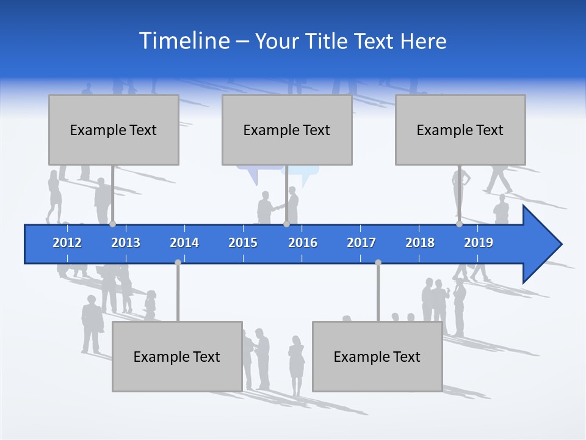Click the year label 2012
67,243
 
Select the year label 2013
126,243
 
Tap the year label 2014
184,243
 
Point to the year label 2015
243,243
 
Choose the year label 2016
303,243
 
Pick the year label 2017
361,243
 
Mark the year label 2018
420,243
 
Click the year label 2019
479,243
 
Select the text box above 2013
114,130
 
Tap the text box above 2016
287,130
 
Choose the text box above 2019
460,130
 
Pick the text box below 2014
177,356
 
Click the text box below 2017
377,356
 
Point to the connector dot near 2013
112,224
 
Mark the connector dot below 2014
178,262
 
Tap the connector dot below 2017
378,262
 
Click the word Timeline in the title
184,41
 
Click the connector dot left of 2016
286,224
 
